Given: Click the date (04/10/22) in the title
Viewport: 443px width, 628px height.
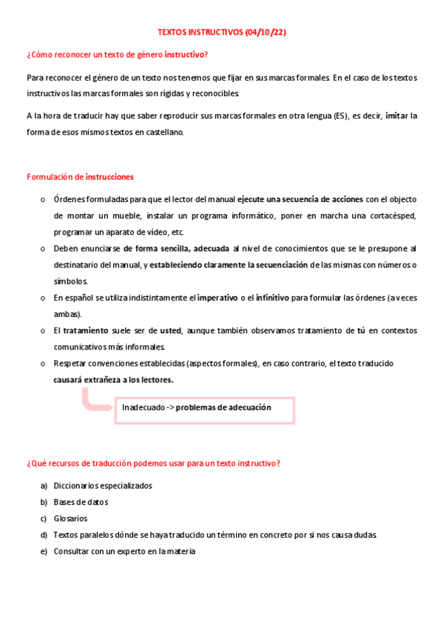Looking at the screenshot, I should pos(261,33).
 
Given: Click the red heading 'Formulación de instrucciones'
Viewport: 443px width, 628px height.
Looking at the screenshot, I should pos(80,177).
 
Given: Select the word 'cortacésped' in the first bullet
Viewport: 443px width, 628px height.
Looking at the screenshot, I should pos(395,216).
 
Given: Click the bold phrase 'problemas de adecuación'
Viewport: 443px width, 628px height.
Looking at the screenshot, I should pos(223,407).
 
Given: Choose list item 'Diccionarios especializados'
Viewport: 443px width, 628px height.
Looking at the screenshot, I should pos(103,486).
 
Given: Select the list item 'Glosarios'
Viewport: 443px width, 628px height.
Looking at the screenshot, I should pos(70,518).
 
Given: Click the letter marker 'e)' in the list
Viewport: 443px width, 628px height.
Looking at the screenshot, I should pos(44,551).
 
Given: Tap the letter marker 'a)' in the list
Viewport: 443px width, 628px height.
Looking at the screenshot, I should pos(44,486).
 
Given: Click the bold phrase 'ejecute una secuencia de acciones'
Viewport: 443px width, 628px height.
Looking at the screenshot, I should pos(300,199).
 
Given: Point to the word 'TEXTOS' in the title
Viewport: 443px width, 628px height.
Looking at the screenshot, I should pos(173,33).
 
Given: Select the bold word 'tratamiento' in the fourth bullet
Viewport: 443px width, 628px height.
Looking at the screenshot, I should pos(86,330).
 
